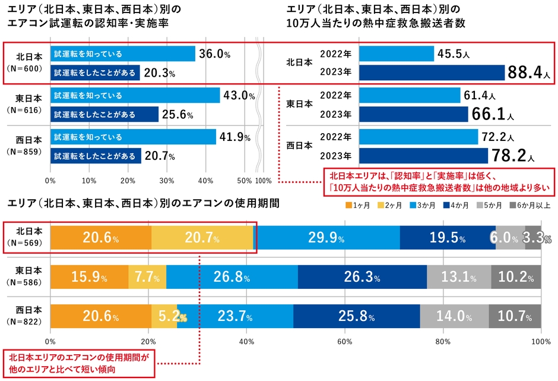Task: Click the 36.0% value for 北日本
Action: (x=214, y=54)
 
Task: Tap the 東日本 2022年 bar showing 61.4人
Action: (x=410, y=95)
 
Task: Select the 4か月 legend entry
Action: (x=456, y=206)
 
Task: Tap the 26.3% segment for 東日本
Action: (x=362, y=278)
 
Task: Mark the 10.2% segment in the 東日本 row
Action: (x=516, y=278)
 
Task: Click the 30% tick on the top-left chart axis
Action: (x=167, y=180)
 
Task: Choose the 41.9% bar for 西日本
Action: (x=133, y=137)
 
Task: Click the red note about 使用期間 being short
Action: (x=79, y=363)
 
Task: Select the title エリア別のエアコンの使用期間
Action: (x=142, y=203)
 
